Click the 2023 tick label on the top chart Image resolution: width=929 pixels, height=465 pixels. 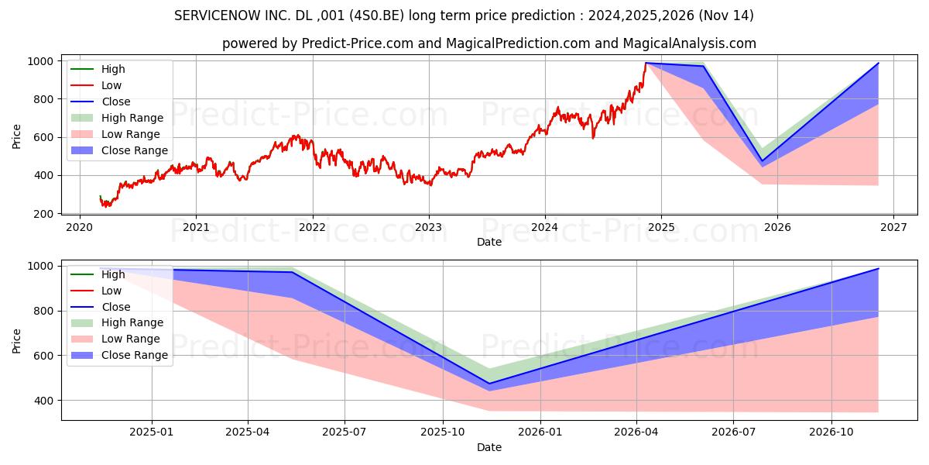[x=428, y=227]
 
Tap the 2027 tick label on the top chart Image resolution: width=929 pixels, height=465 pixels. [x=893, y=227]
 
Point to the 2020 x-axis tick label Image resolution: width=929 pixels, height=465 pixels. [x=80, y=227]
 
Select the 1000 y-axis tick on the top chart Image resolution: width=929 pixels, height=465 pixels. [x=41, y=61]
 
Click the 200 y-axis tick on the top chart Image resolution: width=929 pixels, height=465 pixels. [x=44, y=214]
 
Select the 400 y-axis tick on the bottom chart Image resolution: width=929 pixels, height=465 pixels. [x=44, y=401]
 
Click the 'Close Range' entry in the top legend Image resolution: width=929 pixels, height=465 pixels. [x=134, y=150]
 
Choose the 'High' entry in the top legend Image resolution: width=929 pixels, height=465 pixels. [x=113, y=69]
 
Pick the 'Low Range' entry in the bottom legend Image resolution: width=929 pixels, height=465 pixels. [x=131, y=339]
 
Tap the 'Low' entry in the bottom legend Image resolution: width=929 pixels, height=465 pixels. [x=111, y=291]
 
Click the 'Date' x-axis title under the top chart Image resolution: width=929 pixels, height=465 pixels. [x=488, y=242]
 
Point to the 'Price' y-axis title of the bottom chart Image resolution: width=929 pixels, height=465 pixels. [x=17, y=340]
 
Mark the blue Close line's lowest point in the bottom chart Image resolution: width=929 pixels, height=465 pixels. [x=488, y=383]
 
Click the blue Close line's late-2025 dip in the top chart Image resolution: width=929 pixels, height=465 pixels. [x=762, y=160]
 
